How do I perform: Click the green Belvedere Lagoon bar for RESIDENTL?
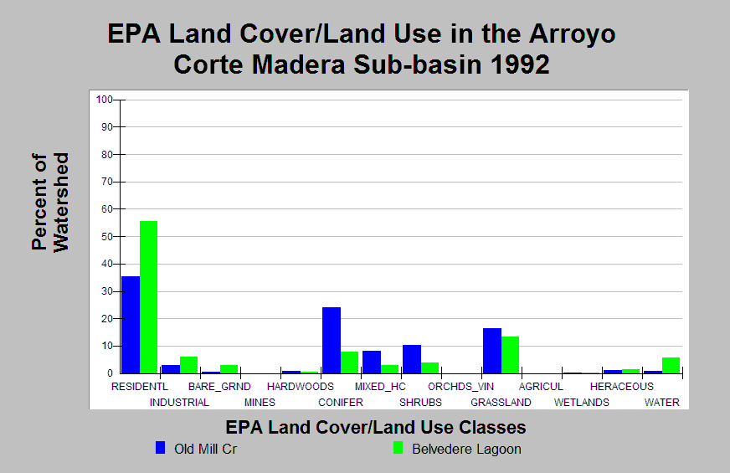click(148, 297)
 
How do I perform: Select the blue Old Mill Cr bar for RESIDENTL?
click(130, 325)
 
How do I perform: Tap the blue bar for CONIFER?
click(331, 340)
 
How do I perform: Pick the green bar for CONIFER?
click(350, 362)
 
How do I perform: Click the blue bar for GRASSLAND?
click(491, 351)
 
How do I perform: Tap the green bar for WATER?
click(671, 365)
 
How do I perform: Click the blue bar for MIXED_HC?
click(371, 362)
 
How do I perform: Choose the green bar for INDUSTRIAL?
click(188, 365)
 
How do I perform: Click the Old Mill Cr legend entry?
click(205, 449)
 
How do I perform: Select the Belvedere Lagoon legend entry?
click(465, 449)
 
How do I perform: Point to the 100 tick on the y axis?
click(105, 100)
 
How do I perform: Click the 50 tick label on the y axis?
click(106, 237)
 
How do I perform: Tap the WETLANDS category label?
click(581, 403)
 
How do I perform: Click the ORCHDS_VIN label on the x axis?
click(460, 387)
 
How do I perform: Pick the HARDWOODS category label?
click(301, 387)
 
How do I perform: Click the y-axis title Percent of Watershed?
click(49, 201)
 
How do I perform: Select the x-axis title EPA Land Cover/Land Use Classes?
click(376, 427)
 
